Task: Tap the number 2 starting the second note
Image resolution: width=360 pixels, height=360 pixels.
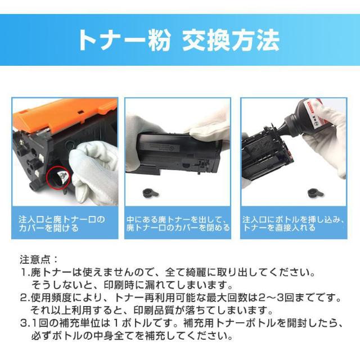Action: (23, 297)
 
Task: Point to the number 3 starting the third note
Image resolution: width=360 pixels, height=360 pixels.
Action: (23, 323)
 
